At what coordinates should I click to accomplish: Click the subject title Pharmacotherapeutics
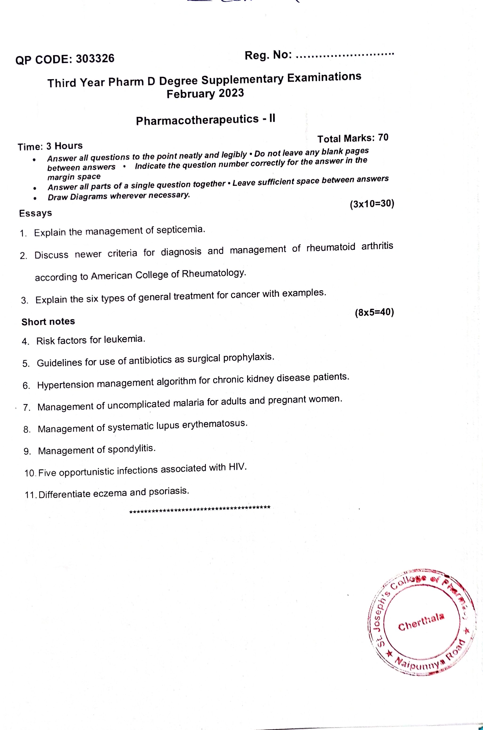[197, 120]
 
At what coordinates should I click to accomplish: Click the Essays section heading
[36, 213]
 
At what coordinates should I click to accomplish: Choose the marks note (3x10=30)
[372, 204]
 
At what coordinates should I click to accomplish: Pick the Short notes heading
[48, 322]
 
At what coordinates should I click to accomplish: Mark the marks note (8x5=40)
[374, 312]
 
